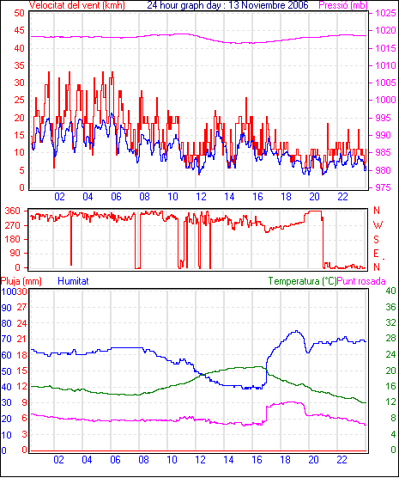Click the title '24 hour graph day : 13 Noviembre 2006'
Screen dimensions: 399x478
pos(227,5)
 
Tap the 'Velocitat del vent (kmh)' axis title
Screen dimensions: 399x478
pos(77,5)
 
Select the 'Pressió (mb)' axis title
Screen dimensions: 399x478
pos(343,5)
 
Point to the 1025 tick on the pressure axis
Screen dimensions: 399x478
pos(385,13)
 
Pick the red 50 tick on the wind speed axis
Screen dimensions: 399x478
pos(19,13)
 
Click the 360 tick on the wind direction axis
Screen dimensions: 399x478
pos(13,211)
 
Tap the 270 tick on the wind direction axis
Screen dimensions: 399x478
pos(13,225)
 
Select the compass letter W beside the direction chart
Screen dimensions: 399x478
pos(378,225)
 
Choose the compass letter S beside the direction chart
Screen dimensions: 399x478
pos(377,240)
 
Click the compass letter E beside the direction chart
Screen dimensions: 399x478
pos(376,254)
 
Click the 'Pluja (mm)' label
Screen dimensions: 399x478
pos(21,281)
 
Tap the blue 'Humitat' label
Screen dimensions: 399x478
pos(73,281)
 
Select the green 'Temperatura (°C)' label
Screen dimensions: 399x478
pos(303,281)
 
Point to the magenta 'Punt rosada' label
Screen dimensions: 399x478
pos(361,281)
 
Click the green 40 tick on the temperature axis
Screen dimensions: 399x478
pos(390,291)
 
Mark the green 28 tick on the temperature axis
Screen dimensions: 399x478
pos(390,339)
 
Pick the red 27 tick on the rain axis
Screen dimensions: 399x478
pos(22,307)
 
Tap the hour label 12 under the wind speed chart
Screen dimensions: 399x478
pos(201,197)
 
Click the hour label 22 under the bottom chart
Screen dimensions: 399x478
pos(342,460)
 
